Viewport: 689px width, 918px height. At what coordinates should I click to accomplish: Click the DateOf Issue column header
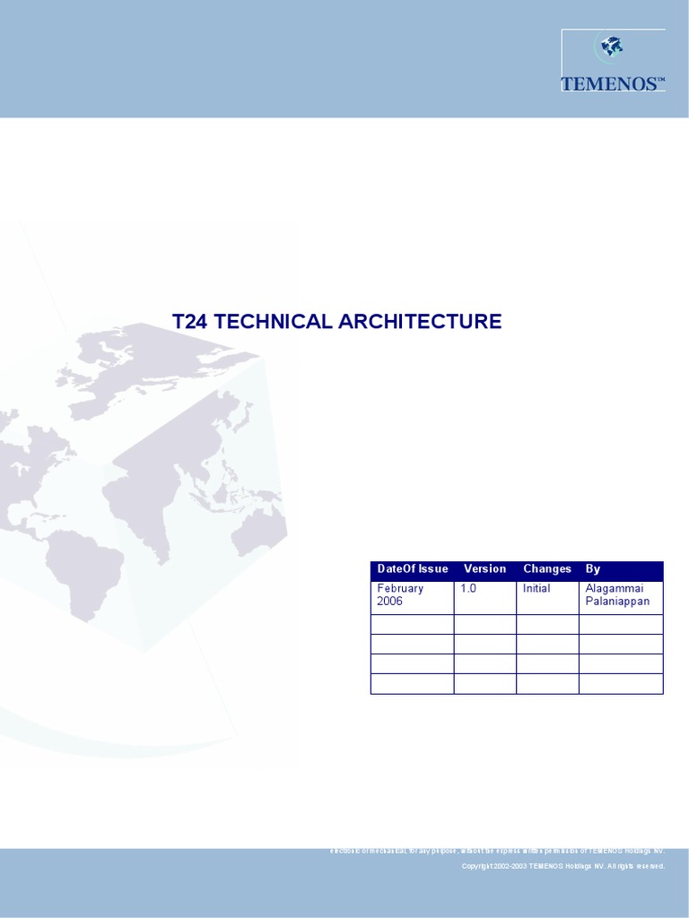(x=413, y=569)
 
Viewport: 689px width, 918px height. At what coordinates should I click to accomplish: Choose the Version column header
(x=484, y=569)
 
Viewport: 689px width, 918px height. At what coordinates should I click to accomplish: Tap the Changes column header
(x=547, y=569)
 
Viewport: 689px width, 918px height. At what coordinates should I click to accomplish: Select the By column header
(x=593, y=569)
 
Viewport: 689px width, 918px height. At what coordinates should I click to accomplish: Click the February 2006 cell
(x=401, y=595)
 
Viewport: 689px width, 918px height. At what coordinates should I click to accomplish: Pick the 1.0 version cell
(x=468, y=589)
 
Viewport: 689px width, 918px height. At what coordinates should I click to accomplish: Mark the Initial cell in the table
(x=536, y=589)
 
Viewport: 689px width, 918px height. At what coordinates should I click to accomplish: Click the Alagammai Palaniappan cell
(x=617, y=595)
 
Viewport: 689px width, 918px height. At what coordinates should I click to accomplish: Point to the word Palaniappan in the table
(x=617, y=602)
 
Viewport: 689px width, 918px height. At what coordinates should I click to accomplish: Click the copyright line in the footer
(x=563, y=866)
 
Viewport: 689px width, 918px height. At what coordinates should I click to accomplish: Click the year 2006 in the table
(x=390, y=602)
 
